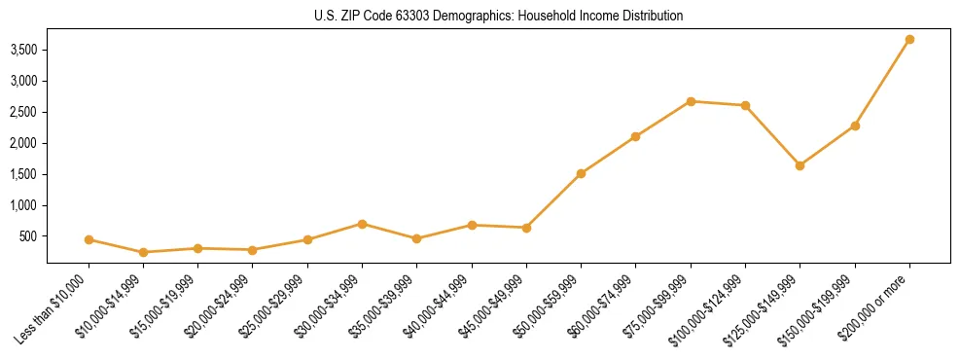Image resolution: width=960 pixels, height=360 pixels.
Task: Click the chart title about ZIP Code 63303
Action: click(x=498, y=16)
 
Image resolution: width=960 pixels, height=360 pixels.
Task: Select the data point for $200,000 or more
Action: click(x=909, y=40)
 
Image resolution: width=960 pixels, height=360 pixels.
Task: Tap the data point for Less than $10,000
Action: click(x=89, y=239)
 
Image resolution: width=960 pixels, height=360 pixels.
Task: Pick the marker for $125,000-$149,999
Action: click(x=800, y=165)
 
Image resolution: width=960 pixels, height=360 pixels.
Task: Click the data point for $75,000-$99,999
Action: click(x=691, y=101)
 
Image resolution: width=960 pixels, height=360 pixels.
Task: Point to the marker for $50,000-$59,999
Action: click(x=581, y=173)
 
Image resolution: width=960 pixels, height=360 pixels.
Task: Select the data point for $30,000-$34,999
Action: click(x=362, y=224)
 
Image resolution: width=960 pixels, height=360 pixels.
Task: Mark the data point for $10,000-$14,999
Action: click(x=144, y=252)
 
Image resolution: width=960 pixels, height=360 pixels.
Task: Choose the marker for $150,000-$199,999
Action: click(x=855, y=126)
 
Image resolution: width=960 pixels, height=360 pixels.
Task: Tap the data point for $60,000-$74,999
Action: click(x=635, y=136)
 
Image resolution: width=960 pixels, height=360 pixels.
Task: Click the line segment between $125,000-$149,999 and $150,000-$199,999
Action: click(x=827, y=146)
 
